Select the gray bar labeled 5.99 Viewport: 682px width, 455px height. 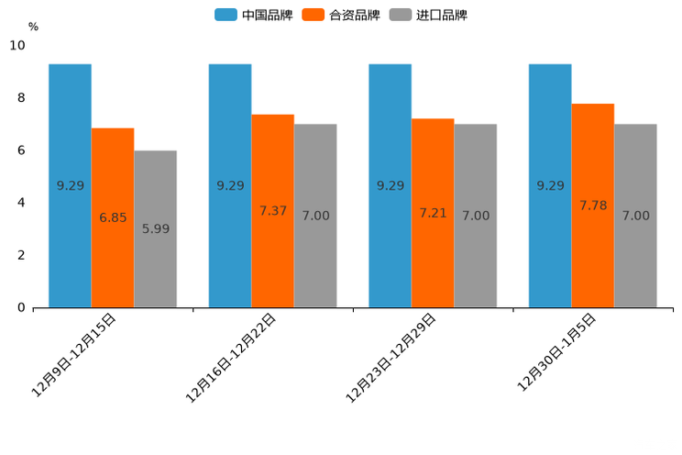155,228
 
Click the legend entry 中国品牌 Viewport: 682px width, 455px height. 254,15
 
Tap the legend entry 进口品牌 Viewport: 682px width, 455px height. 429,15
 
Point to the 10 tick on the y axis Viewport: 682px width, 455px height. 17,45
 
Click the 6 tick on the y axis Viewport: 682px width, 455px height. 21,150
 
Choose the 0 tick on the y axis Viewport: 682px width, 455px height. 21,307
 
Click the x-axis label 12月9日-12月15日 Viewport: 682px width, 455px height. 74,354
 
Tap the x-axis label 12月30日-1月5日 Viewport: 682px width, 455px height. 557,351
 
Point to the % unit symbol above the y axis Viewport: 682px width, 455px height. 33,27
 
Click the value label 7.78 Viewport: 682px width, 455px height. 593,205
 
